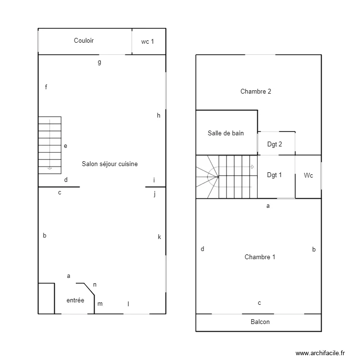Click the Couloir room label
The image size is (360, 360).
coord(84,41)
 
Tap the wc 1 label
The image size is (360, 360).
coord(148,42)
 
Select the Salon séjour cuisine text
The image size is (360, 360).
coord(109,164)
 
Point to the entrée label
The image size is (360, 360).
coord(75,300)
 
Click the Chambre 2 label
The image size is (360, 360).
coord(256,91)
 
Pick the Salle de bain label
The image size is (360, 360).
coord(226,133)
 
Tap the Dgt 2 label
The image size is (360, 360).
coord(275,144)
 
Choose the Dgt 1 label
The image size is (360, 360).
coord(275,175)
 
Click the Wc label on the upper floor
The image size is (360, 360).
coord(308,176)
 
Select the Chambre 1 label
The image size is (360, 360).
coord(260,257)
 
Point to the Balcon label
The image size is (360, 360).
coord(260,322)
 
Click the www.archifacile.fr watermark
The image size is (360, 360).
coord(321,353)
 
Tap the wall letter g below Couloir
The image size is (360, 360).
coord(99,62)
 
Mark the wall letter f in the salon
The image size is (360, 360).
coord(46,87)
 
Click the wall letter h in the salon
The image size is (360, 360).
coord(158,115)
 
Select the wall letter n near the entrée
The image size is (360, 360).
coord(95,285)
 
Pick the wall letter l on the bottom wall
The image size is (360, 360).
coord(128,303)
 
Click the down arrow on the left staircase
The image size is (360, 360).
coord(49,168)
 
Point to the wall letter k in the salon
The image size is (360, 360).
coord(159,237)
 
